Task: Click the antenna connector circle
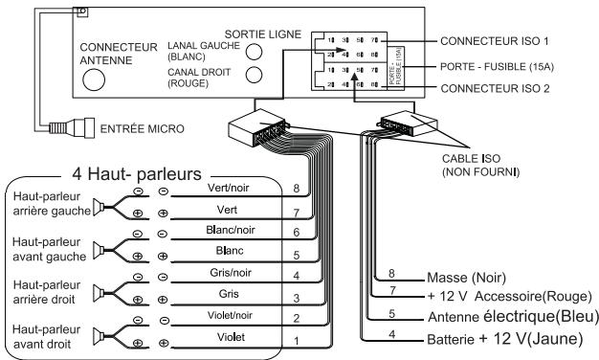(x=92, y=81)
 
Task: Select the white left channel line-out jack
(x=254, y=51)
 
